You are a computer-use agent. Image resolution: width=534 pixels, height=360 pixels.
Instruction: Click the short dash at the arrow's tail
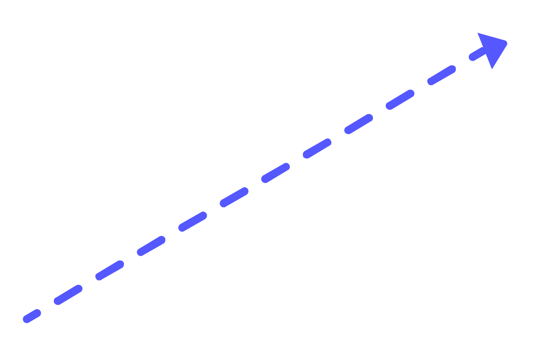pos(32,316)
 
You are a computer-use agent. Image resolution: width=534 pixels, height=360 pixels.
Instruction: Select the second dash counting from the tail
pos(68,295)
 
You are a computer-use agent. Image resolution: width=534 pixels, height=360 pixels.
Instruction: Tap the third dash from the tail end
pos(110,270)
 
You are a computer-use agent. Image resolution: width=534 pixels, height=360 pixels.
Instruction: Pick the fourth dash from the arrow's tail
pos(151,246)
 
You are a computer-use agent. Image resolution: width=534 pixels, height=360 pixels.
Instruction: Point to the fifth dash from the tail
pos(193,222)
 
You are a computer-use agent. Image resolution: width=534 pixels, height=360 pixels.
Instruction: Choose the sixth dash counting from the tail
pos(234,197)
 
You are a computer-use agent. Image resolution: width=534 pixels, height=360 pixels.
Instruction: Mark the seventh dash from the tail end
pos(276,173)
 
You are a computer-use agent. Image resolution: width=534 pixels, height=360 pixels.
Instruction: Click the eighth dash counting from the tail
pos(317,149)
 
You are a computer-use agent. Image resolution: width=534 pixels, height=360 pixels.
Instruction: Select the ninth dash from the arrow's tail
pos(358,124)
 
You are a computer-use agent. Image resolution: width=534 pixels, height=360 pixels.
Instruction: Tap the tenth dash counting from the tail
pos(400,100)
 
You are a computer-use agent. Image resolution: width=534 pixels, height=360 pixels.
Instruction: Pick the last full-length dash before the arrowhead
pos(441,76)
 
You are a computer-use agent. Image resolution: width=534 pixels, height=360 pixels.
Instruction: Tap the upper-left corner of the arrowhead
pos(478,33)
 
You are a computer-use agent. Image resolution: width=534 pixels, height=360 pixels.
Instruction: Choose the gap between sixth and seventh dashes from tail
pos(255,185)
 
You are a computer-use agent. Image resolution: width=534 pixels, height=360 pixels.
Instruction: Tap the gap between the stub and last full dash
pos(463,63)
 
